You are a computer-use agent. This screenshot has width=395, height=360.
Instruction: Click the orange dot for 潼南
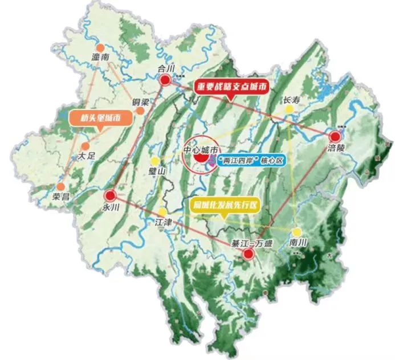pos(101,48)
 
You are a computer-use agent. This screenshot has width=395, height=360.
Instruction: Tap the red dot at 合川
pos(165,80)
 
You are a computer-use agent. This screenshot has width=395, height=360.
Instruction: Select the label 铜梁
pos(140,103)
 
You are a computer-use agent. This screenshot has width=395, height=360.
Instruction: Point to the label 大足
pos(87,156)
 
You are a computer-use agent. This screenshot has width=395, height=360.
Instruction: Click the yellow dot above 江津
pos(163,211)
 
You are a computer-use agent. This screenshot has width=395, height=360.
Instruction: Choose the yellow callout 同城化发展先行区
pos(225,204)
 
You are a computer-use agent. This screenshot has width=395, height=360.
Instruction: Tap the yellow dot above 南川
pos(296,232)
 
